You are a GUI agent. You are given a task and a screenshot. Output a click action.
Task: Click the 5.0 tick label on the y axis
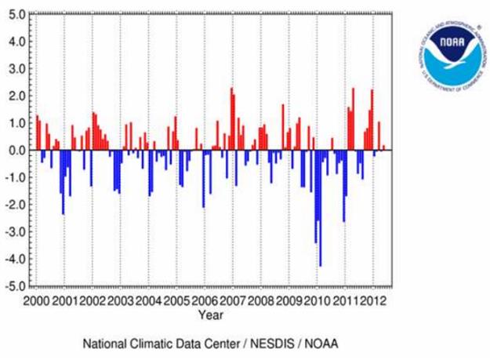(x=16, y=13)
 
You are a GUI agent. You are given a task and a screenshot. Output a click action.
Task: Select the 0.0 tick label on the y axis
(x=16, y=150)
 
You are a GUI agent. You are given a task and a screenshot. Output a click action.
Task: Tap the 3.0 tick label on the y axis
(x=16, y=68)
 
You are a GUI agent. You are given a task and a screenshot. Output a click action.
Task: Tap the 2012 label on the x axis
(x=374, y=300)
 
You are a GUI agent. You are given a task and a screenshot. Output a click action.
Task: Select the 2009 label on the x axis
(x=289, y=300)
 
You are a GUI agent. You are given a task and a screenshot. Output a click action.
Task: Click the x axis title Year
(x=209, y=315)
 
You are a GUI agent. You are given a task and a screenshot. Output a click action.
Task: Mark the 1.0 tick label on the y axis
(x=16, y=122)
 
